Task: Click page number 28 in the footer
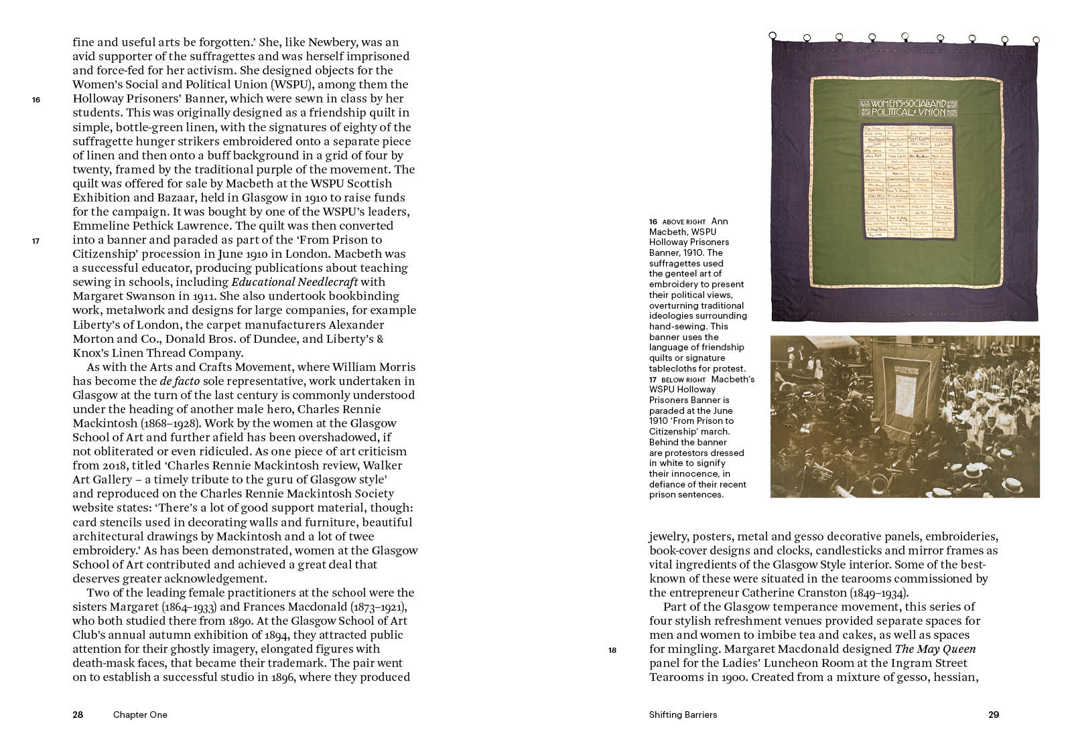[x=78, y=715]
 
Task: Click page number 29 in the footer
[x=994, y=715]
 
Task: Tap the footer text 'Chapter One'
[x=140, y=715]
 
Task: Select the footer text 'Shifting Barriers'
[x=683, y=715]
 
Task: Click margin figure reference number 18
[x=612, y=650]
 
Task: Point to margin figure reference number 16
[x=36, y=100]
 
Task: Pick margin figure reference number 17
[x=36, y=241]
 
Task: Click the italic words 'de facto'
[x=179, y=381]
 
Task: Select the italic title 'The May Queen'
[x=935, y=649]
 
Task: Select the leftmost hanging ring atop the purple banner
[x=773, y=35]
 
